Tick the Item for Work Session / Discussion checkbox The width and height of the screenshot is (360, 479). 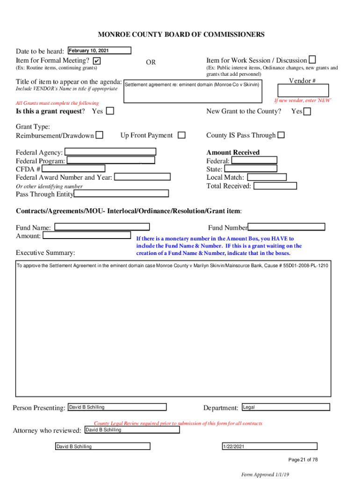coord(312,60)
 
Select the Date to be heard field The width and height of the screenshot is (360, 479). coord(99,51)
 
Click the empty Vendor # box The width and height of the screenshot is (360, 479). coord(302,90)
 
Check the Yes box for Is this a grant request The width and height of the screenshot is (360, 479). coord(110,111)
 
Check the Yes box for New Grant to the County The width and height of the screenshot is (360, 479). coord(307,111)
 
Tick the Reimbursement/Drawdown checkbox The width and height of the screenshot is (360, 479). coord(99,136)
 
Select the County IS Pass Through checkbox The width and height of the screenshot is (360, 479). coord(281,135)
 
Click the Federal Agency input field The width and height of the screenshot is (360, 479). coord(110,151)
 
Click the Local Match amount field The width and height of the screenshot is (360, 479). coord(266,177)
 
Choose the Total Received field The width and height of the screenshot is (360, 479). coord(275,186)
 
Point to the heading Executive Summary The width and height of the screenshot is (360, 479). coord(45,253)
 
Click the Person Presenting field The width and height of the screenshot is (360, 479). coord(117,407)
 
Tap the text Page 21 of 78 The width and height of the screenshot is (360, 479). coord(303,460)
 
